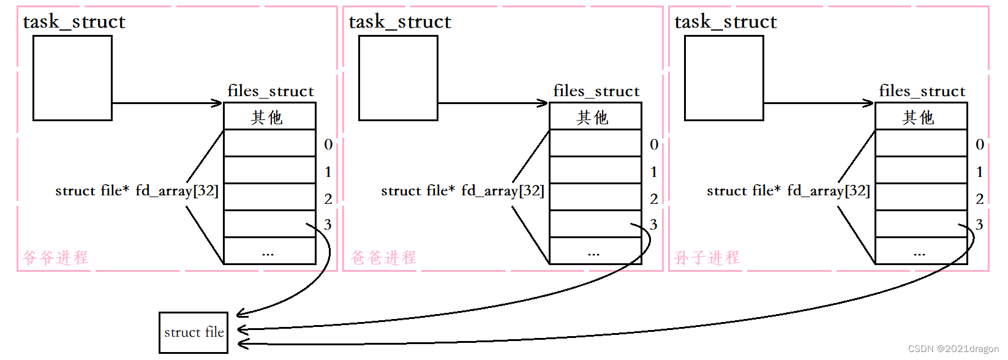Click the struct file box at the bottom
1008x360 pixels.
(194, 332)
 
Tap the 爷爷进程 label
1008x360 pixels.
(56, 257)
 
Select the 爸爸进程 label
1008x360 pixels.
(383, 257)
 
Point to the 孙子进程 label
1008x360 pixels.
(707, 257)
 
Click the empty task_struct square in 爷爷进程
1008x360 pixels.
(72, 78)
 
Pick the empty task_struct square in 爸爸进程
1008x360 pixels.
(398, 78)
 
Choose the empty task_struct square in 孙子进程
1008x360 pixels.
(724, 78)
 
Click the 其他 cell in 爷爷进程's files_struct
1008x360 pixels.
(269, 116)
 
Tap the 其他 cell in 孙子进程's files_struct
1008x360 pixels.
(921, 116)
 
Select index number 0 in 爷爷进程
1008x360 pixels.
(328, 144)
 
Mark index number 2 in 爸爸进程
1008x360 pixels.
(654, 198)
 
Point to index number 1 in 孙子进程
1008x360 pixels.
(980, 171)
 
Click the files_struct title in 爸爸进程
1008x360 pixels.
(596, 91)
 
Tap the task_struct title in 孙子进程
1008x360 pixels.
(726, 22)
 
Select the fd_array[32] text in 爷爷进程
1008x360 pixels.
(177, 191)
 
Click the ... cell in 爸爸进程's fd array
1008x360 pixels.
(595, 251)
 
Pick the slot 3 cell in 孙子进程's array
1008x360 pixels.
(921, 223)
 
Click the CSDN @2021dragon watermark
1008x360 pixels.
(953, 349)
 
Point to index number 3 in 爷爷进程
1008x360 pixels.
(328, 225)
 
